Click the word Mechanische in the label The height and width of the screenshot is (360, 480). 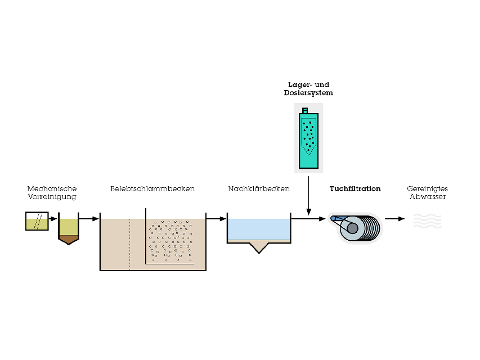click(x=52, y=189)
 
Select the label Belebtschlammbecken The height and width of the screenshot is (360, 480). click(x=152, y=189)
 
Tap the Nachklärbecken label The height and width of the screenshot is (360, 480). click(x=259, y=189)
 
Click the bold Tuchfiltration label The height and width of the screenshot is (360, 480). click(x=355, y=189)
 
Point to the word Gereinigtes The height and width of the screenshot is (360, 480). click(x=427, y=189)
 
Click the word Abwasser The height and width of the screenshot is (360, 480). click(x=428, y=197)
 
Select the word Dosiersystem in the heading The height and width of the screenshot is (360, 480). click(x=308, y=93)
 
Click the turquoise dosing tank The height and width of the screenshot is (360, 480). click(x=308, y=141)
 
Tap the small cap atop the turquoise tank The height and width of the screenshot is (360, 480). click(x=306, y=110)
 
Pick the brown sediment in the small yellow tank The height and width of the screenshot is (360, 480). click(x=68, y=239)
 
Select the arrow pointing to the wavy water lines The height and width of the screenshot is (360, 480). click(x=395, y=218)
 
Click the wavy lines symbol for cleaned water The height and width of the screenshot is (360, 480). click(x=427, y=220)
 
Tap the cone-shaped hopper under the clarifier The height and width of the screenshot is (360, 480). click(x=259, y=247)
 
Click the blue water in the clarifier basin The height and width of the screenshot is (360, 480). click(x=259, y=229)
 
